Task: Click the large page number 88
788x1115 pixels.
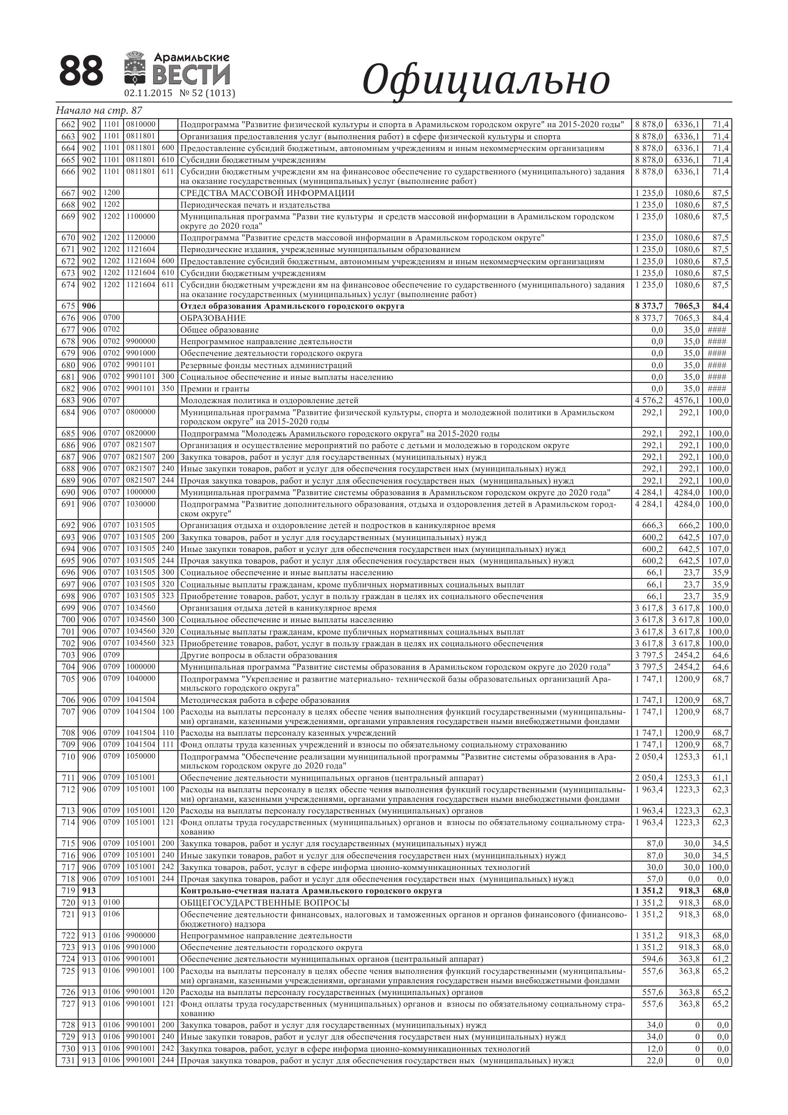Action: (x=81, y=71)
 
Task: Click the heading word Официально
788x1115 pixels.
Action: (x=486, y=80)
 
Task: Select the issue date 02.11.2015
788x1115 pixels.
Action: (x=148, y=93)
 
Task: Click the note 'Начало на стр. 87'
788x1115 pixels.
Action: (x=99, y=110)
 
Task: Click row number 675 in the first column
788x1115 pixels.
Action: (x=68, y=307)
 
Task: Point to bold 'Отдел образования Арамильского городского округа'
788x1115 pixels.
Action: (x=292, y=307)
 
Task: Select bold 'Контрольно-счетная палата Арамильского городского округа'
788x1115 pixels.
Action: (x=311, y=891)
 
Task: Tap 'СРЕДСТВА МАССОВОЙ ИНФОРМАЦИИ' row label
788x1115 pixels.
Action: (x=267, y=193)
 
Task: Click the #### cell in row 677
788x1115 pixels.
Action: (x=717, y=330)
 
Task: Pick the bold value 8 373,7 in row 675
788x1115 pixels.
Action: (x=649, y=307)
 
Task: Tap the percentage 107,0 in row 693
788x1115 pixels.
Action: (x=718, y=538)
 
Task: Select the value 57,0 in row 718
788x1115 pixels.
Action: (x=655, y=879)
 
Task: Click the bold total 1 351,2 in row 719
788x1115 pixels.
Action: (x=649, y=891)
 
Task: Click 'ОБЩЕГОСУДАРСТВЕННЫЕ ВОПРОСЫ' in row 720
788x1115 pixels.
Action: (x=265, y=903)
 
